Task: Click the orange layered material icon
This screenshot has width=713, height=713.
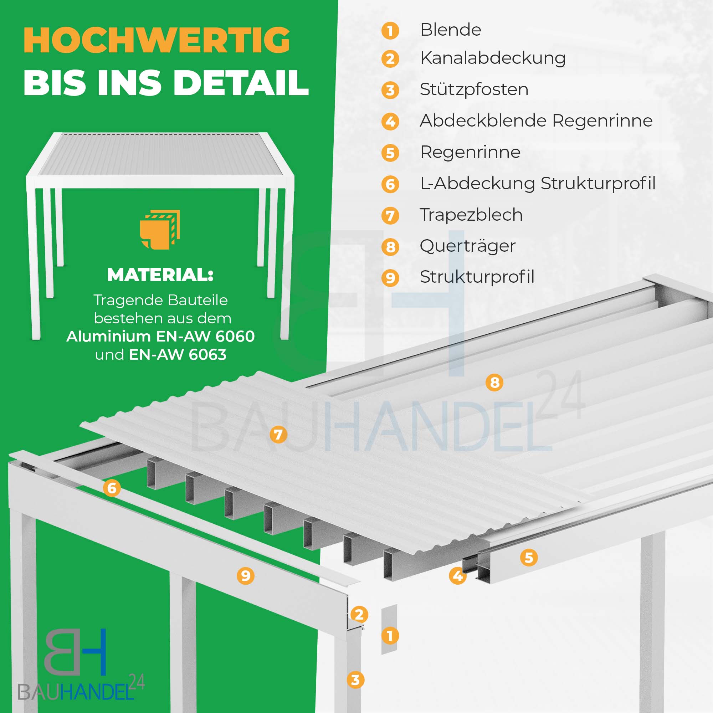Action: pyautogui.click(x=159, y=230)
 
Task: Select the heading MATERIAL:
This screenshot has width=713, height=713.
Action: pyautogui.click(x=160, y=275)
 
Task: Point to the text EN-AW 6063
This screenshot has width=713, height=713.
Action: pyautogui.click(x=178, y=355)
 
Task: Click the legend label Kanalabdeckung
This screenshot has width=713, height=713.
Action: pyautogui.click(x=493, y=58)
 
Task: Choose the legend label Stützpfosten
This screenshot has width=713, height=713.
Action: pyautogui.click(x=474, y=89)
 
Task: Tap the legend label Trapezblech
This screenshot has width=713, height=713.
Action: pyautogui.click(x=471, y=215)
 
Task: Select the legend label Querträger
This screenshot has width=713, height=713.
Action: pyautogui.click(x=468, y=246)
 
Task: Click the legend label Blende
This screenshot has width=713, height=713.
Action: pyautogui.click(x=451, y=30)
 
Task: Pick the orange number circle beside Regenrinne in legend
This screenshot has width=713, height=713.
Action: pyautogui.click(x=390, y=153)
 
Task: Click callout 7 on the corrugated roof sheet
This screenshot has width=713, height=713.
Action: pyautogui.click(x=278, y=434)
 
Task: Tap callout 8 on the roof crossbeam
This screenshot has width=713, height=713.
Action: pyautogui.click(x=494, y=383)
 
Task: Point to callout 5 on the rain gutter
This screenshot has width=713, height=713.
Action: pyautogui.click(x=528, y=557)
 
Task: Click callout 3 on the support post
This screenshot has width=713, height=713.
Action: pyautogui.click(x=355, y=679)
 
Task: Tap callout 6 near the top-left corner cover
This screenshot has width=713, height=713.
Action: pyautogui.click(x=112, y=488)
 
